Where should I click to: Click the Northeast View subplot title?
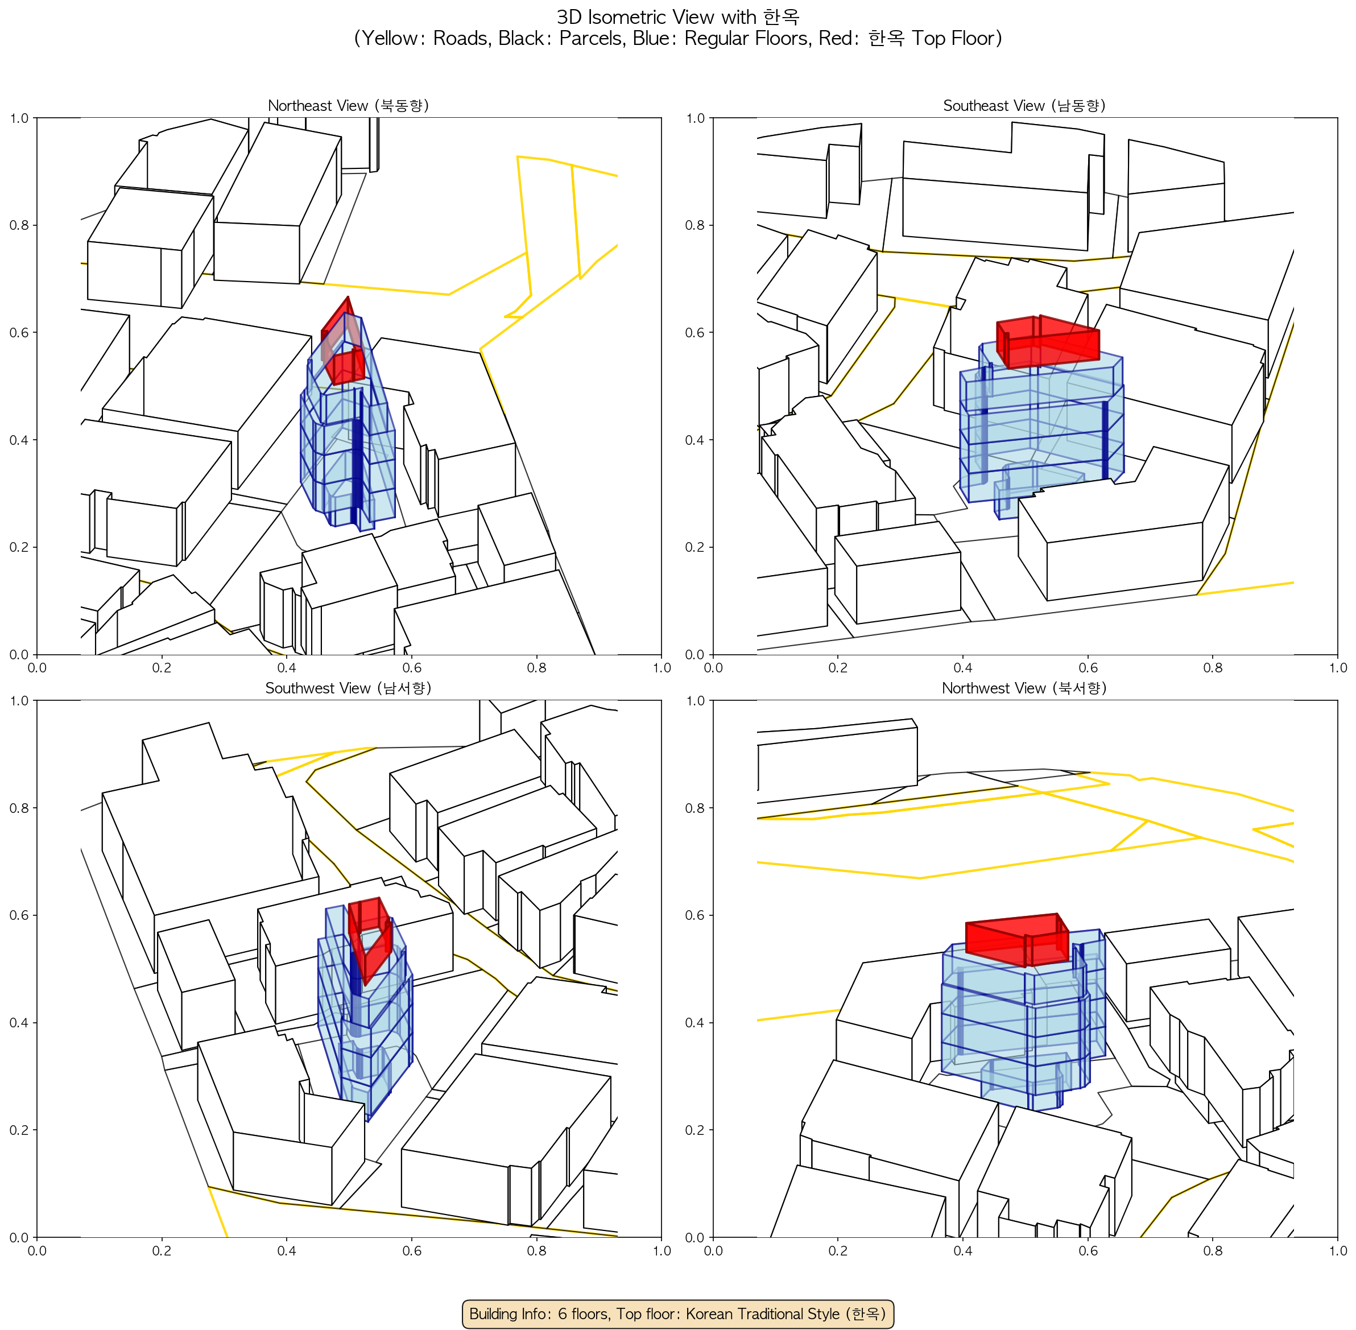pyautogui.click(x=348, y=105)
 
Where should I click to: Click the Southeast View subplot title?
pyautogui.click(x=1024, y=105)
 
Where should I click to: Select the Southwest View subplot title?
pyautogui.click(x=348, y=688)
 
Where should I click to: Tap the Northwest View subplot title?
pyautogui.click(x=1024, y=688)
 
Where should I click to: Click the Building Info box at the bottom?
pyautogui.click(x=677, y=1314)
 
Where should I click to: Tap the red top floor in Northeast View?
pyautogui.click(x=342, y=341)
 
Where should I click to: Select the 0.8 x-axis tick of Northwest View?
pyautogui.click(x=1213, y=1250)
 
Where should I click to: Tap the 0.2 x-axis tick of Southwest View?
pyautogui.click(x=162, y=1250)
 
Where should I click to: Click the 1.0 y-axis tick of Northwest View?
pyautogui.click(x=695, y=701)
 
